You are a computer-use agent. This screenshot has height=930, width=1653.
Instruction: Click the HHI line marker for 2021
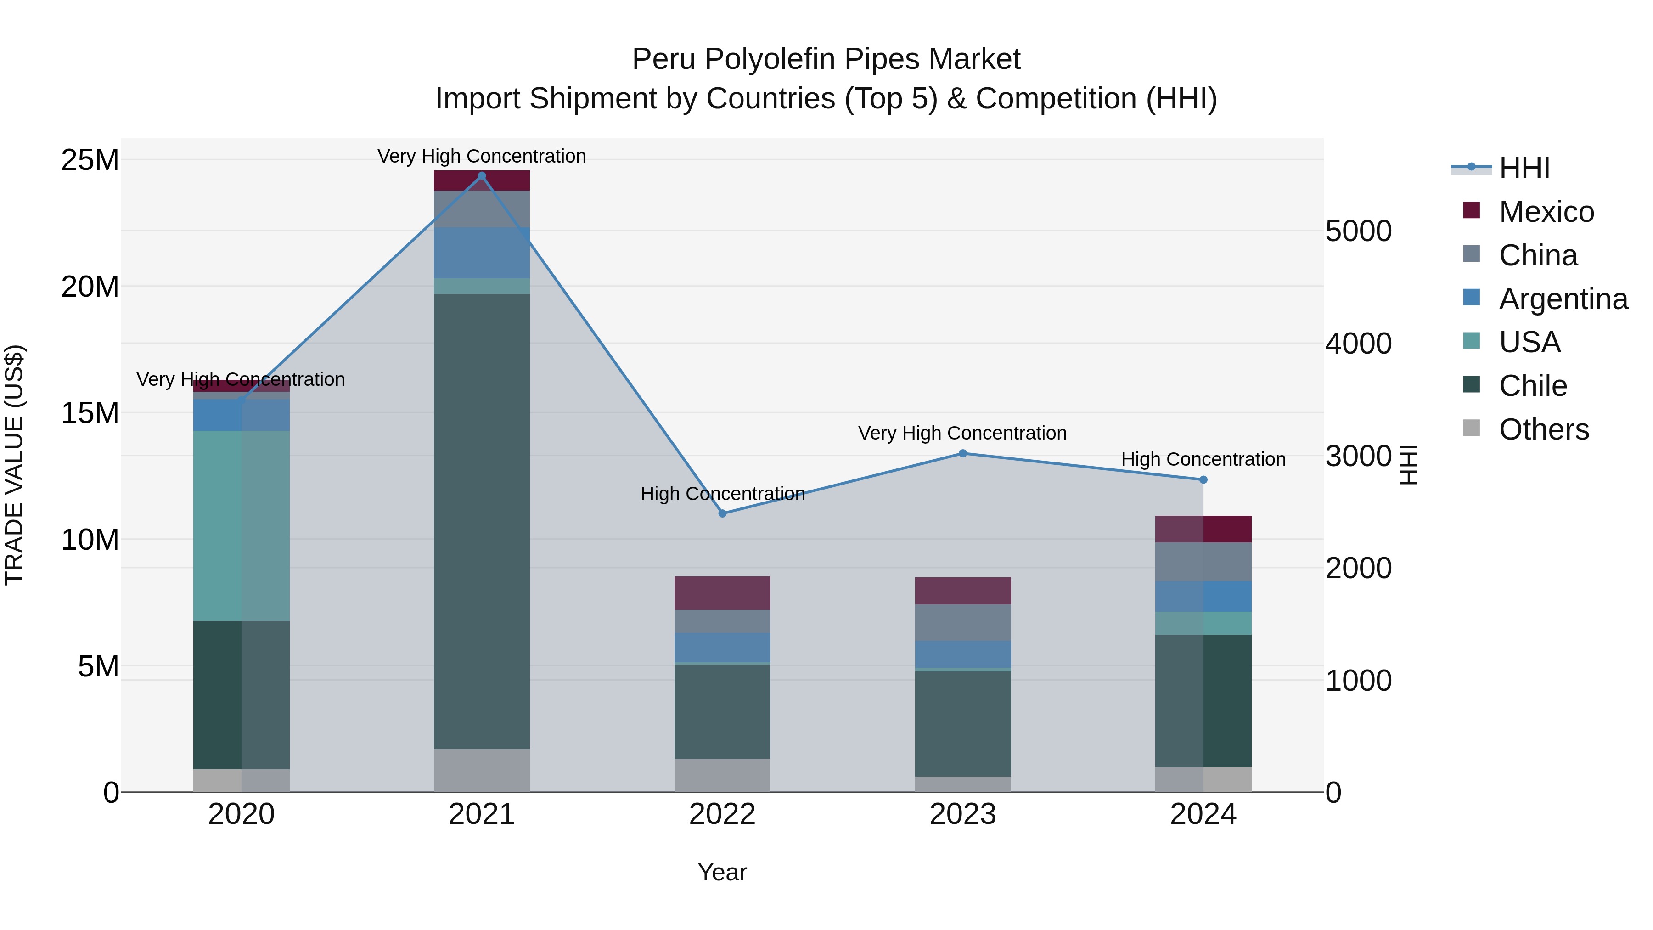(x=482, y=176)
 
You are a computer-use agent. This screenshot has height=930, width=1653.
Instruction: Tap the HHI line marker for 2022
(x=723, y=513)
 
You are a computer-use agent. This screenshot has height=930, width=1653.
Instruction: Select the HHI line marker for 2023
(x=962, y=454)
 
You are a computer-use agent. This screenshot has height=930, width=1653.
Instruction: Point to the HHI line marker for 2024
(x=1203, y=480)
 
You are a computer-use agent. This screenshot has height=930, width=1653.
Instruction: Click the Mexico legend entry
(x=1546, y=212)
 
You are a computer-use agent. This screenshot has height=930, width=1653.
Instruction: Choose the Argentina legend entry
(x=1563, y=299)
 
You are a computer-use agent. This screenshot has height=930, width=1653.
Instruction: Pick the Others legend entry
(x=1543, y=429)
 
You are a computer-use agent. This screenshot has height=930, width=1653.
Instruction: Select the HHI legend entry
(x=1524, y=168)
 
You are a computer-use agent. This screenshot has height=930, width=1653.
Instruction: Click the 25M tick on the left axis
(x=90, y=160)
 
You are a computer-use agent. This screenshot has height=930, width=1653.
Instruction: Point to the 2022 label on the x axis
(x=723, y=814)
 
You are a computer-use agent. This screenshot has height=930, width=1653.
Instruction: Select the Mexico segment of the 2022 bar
(x=723, y=593)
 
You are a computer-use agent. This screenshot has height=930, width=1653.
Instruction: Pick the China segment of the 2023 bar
(x=962, y=623)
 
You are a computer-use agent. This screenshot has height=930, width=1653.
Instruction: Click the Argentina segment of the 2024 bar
(x=1203, y=596)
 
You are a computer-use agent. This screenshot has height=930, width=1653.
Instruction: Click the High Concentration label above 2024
(x=1203, y=460)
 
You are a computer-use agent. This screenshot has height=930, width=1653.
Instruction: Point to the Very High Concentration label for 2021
(x=482, y=157)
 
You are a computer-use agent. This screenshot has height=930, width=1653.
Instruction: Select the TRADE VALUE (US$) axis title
(x=14, y=465)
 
